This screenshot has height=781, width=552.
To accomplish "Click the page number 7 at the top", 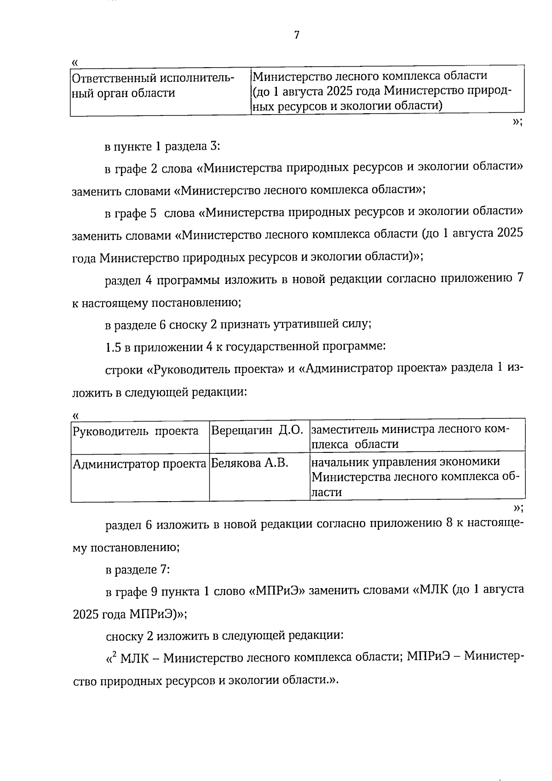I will (296, 35).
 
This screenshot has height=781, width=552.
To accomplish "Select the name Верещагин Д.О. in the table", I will (256, 431).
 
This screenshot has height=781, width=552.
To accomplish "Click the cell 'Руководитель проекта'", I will (136, 431).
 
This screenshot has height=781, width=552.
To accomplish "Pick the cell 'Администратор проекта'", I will (139, 464).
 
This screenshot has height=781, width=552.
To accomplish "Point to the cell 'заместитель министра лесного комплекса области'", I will (410, 437).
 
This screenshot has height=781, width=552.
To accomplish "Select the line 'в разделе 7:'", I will (138, 570).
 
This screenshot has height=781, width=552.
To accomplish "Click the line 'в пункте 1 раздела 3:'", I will (162, 147).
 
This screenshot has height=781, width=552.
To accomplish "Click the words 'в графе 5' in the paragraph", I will (131, 213).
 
